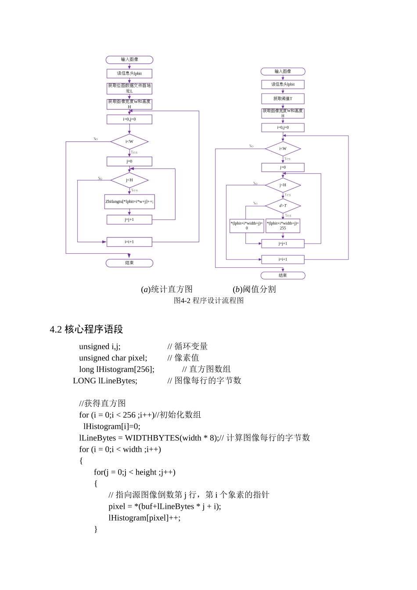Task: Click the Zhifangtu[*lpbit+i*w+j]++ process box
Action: click(129, 201)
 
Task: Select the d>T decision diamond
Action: click(283, 205)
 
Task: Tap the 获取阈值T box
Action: click(283, 99)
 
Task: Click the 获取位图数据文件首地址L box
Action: click(129, 88)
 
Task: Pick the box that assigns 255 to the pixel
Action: click(283, 226)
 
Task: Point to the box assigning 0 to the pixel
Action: click(247, 226)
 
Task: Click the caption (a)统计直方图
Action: click(167, 289)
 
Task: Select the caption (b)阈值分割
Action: click(254, 289)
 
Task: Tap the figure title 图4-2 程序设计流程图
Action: click(208, 301)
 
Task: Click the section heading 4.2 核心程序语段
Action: click(86, 329)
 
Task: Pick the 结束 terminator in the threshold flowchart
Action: click(283, 276)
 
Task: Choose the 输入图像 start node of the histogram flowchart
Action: click(129, 60)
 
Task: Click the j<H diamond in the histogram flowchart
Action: click(129, 180)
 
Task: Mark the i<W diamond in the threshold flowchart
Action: click(283, 149)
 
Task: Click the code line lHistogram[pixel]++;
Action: click(144, 518)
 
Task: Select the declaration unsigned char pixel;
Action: click(113, 358)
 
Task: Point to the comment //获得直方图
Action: click(102, 403)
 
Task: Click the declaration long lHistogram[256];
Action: click(117, 370)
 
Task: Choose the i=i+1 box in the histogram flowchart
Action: click(129, 242)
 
